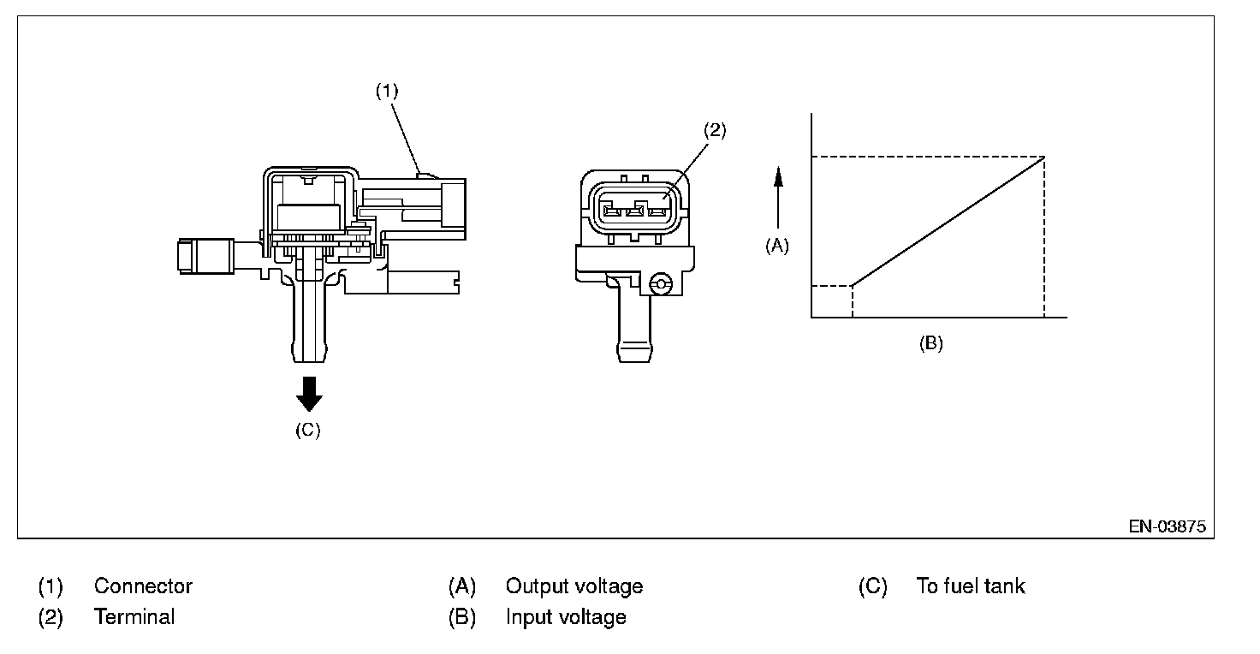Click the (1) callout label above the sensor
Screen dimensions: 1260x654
[387, 91]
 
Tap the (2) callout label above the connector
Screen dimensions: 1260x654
[715, 130]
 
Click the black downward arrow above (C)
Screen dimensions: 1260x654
[309, 394]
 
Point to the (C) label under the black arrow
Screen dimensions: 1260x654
[307, 431]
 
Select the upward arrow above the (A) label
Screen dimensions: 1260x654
[778, 197]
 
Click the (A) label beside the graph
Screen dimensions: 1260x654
[777, 246]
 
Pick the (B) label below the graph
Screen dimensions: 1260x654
[931, 343]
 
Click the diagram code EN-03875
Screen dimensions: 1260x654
[1168, 526]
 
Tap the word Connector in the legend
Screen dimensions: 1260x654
[143, 586]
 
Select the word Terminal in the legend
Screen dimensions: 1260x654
[134, 617]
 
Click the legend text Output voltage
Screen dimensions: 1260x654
[574, 586]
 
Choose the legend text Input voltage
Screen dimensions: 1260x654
[565, 617]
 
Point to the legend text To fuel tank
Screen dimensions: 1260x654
[971, 586]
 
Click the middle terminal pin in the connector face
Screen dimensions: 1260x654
[634, 211]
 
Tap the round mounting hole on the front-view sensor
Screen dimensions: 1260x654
[660, 284]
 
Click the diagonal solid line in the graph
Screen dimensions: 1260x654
[948, 222]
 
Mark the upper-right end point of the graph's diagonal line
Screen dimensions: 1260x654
[1044, 157]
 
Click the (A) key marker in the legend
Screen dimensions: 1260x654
[462, 586]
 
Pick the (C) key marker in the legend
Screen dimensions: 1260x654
[872, 586]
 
